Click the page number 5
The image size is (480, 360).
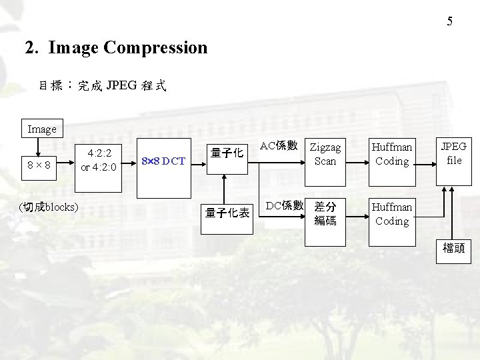pyautogui.click(x=449, y=21)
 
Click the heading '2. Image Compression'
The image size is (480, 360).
pyautogui.click(x=116, y=48)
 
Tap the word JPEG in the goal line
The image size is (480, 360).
pyautogui.click(x=121, y=85)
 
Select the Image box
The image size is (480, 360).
pyautogui.click(x=42, y=129)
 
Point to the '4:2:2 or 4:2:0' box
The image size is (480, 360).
pyautogui.click(x=99, y=161)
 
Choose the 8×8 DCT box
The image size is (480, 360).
pyautogui.click(x=164, y=161)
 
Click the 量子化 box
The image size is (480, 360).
pyautogui.click(x=226, y=153)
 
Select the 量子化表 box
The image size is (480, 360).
pyautogui.click(x=227, y=213)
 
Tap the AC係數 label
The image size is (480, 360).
pyautogui.click(x=279, y=145)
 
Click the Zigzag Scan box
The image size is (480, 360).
pyautogui.click(x=325, y=154)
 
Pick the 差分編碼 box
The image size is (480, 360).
pyautogui.click(x=325, y=213)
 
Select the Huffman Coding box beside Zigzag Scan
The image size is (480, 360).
pyautogui.click(x=391, y=154)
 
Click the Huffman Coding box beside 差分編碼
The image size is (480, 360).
pyautogui.click(x=391, y=213)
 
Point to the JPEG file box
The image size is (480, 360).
pyautogui.click(x=454, y=153)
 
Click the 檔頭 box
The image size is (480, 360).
pyautogui.click(x=454, y=249)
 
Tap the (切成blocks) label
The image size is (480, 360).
pyautogui.click(x=49, y=206)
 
